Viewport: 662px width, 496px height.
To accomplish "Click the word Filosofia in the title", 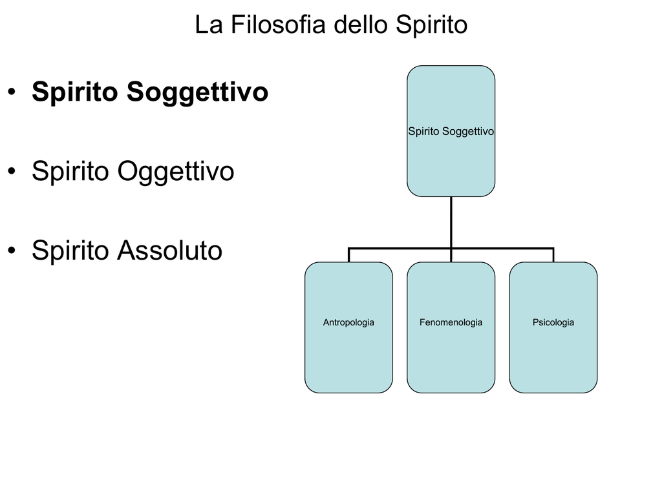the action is point(278,25).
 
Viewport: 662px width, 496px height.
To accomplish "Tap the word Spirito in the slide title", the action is point(431,25).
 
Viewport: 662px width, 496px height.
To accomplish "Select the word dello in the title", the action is point(361,25).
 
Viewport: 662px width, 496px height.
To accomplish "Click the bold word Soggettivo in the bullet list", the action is point(197,92).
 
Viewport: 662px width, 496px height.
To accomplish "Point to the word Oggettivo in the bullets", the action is point(176,172).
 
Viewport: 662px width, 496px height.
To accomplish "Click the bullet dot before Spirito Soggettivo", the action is point(12,92).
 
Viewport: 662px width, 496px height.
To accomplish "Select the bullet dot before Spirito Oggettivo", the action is point(12,170).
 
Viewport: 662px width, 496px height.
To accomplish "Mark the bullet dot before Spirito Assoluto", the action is point(12,250).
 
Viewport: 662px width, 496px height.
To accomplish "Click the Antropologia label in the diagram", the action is point(348,323).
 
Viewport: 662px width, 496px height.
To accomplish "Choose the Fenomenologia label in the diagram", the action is point(451,323).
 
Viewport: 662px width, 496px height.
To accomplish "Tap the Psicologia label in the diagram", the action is point(553,323).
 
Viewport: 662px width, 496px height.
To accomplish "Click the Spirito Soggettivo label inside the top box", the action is point(451,132).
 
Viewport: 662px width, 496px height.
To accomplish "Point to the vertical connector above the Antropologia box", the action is point(348,255).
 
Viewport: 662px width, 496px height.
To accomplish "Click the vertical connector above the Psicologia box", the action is point(553,255).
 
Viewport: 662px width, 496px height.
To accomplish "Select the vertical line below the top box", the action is point(451,229).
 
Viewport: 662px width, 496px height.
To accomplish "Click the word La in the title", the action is point(209,25).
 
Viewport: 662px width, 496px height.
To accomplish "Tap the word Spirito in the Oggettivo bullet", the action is point(70,172).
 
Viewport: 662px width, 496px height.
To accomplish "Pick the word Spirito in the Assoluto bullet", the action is point(70,251).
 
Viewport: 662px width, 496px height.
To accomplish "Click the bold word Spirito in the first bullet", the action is point(75,92).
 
